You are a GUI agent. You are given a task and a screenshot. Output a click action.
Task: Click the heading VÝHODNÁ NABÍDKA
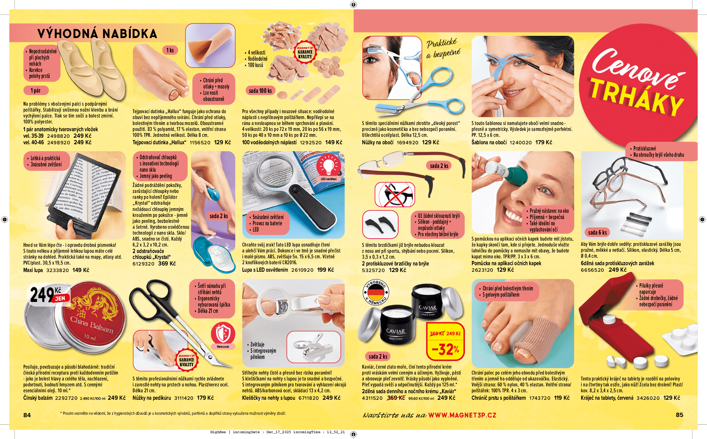[x=97, y=34]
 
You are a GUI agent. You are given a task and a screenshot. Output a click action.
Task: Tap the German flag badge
[x=376, y=292]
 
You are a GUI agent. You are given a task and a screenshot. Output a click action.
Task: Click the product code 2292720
[x=66, y=398]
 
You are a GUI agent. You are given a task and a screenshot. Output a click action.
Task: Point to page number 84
[x=27, y=415]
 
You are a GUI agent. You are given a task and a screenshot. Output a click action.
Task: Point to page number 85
[x=679, y=415]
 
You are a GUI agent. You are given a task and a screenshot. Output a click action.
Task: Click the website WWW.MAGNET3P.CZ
[x=462, y=415]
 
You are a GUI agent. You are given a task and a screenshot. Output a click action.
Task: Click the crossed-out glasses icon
[x=395, y=195]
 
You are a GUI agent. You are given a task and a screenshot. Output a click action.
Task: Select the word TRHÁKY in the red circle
[x=637, y=97]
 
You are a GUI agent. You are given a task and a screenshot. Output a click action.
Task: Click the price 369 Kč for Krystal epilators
[x=167, y=264]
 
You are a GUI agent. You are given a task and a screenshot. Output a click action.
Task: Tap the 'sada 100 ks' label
[x=260, y=91]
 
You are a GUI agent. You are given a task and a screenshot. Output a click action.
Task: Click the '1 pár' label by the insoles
[x=36, y=91]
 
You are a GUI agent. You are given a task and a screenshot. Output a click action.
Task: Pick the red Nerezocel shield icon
[x=223, y=334]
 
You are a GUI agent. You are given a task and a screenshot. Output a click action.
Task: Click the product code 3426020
[x=648, y=398]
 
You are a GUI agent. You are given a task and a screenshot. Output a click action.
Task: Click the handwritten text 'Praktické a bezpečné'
[x=443, y=49]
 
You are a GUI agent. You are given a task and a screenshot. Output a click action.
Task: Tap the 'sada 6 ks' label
[x=597, y=232]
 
